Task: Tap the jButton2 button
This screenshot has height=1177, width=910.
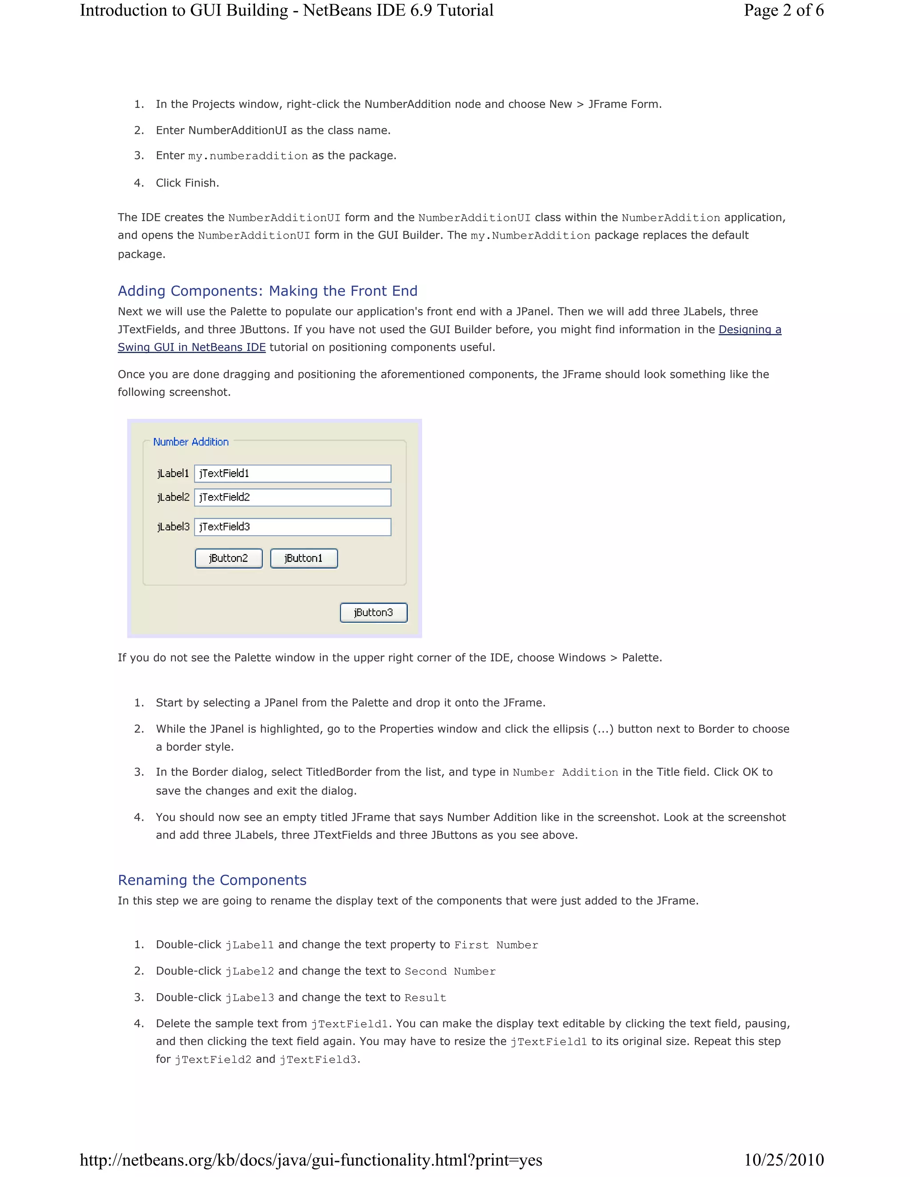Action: pos(228,558)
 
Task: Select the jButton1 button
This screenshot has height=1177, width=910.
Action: pos(303,558)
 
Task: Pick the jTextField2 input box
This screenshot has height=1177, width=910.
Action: pos(293,497)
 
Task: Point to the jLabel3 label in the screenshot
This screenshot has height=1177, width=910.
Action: pos(173,526)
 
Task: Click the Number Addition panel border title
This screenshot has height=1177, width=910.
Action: pos(191,442)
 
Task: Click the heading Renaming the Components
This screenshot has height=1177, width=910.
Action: pos(212,880)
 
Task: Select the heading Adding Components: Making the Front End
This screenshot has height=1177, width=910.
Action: pos(267,291)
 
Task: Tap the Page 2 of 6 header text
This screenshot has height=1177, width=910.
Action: pos(783,10)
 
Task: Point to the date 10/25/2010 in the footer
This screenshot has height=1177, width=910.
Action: pos(784,1160)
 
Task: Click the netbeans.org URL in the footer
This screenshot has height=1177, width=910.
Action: pos(311,1160)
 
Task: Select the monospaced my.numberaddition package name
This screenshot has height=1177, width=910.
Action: pos(248,156)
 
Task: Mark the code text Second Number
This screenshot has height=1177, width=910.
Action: pos(450,971)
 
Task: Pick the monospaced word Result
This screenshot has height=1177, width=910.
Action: pos(425,998)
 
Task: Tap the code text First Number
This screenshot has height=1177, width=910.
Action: pos(496,945)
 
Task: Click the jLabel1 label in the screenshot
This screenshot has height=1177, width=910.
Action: pos(173,473)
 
